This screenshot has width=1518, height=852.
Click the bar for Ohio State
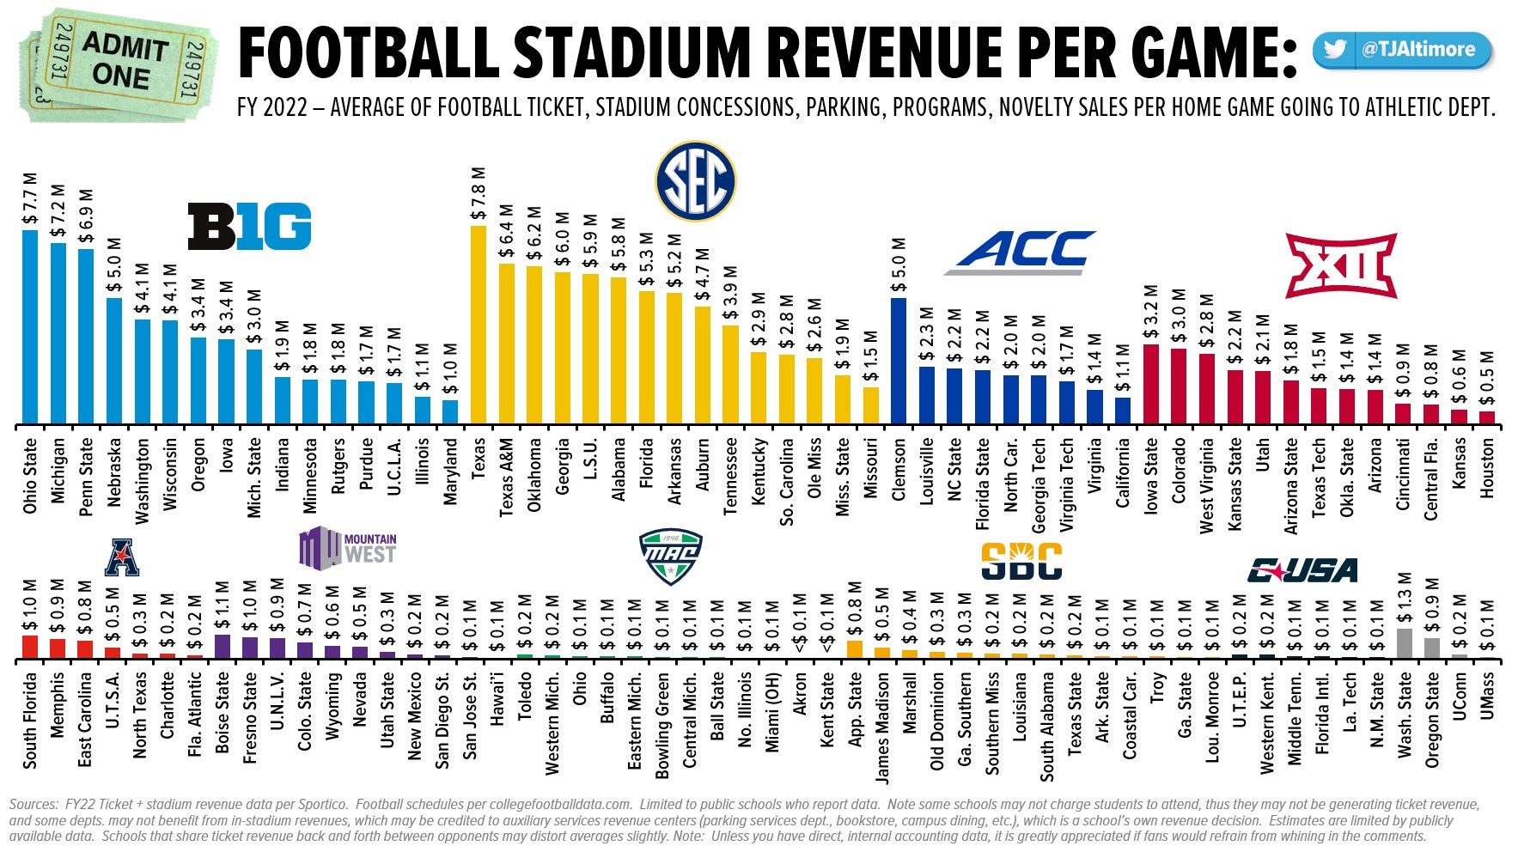[30, 327]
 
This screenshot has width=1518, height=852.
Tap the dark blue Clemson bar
[899, 361]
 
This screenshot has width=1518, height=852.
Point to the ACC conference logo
[1021, 253]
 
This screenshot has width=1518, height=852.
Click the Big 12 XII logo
[1341, 265]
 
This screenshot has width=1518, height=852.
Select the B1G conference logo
[249, 227]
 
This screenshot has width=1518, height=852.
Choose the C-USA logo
[1302, 569]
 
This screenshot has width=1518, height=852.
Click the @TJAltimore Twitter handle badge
[1404, 50]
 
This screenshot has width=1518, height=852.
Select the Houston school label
[1486, 469]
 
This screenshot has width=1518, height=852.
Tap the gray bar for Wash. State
[1405, 643]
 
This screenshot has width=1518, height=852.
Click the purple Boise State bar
[223, 646]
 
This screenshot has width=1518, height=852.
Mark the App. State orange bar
[855, 649]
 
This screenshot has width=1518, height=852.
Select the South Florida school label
[30, 720]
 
